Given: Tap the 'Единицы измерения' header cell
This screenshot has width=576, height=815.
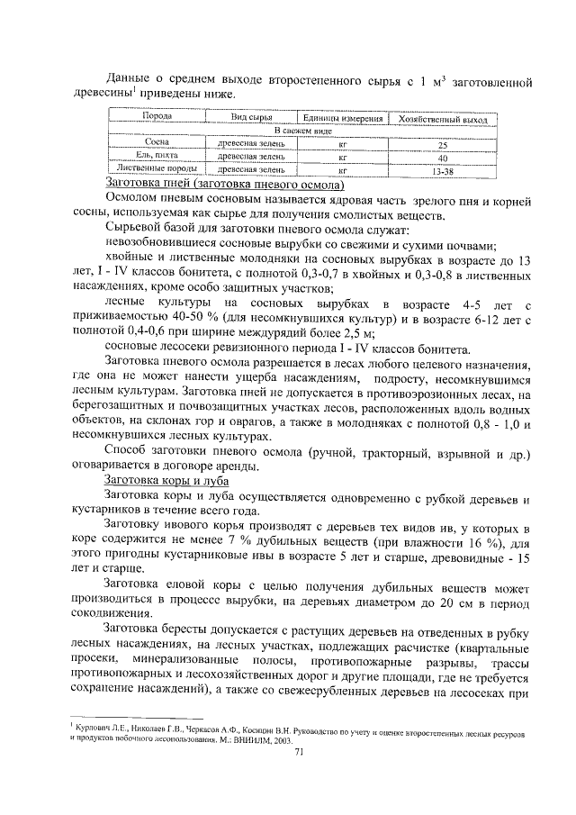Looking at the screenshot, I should click(343, 118).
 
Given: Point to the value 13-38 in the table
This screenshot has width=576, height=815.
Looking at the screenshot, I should click(442, 168).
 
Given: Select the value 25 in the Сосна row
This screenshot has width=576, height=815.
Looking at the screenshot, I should click(442, 143).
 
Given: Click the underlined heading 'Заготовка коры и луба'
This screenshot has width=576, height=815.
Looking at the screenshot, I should click(166, 481).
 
